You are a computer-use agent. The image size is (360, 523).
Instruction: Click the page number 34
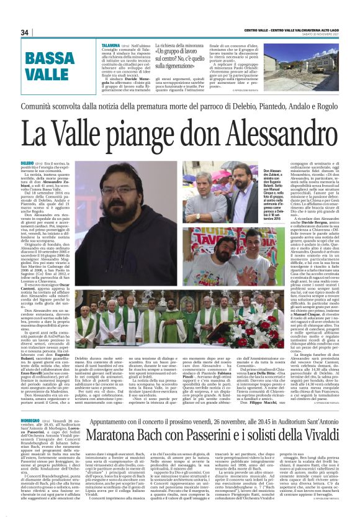[25, 32]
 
